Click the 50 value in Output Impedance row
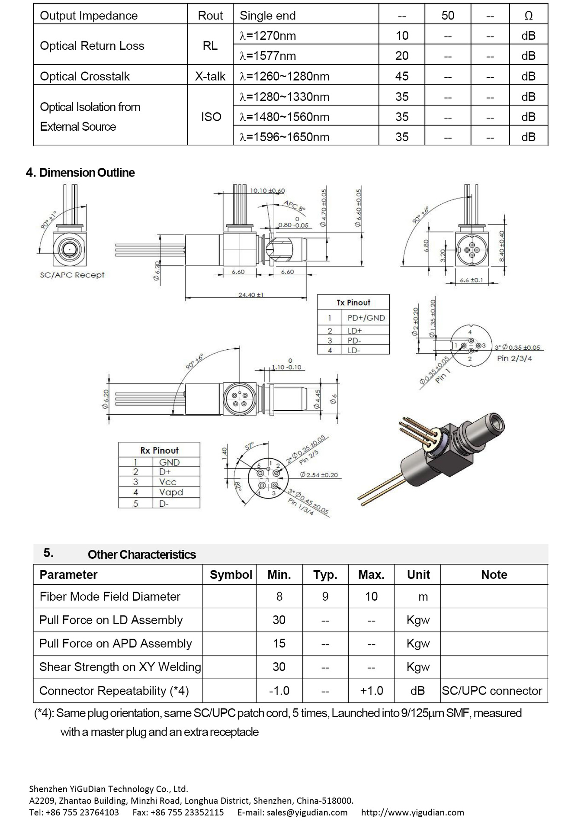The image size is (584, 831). pos(448,16)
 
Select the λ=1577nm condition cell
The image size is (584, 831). pos(268,56)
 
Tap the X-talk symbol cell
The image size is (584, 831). pos(210,76)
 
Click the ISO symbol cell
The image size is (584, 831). pos(211,117)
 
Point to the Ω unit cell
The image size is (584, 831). pos(528,16)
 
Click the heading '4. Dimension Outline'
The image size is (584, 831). pos(80,173)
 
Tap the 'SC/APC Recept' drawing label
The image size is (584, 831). pos(72,275)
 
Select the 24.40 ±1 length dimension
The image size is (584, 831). pos(250,295)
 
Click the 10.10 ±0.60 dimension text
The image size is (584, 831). pos(268,190)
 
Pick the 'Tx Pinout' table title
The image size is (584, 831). pos(353,303)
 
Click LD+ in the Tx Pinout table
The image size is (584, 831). pos(355,331)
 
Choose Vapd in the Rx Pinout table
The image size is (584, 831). pos(171,492)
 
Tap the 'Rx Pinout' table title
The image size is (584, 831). pos(159,450)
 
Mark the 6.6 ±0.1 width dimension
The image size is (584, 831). pos(471,280)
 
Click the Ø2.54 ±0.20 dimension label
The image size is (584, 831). pos(319,475)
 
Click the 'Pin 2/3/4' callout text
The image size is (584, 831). pos(514,358)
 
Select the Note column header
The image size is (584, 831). pos(494,575)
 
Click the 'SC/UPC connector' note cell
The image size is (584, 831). pos(492,691)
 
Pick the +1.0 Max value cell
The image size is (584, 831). pos(371,691)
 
